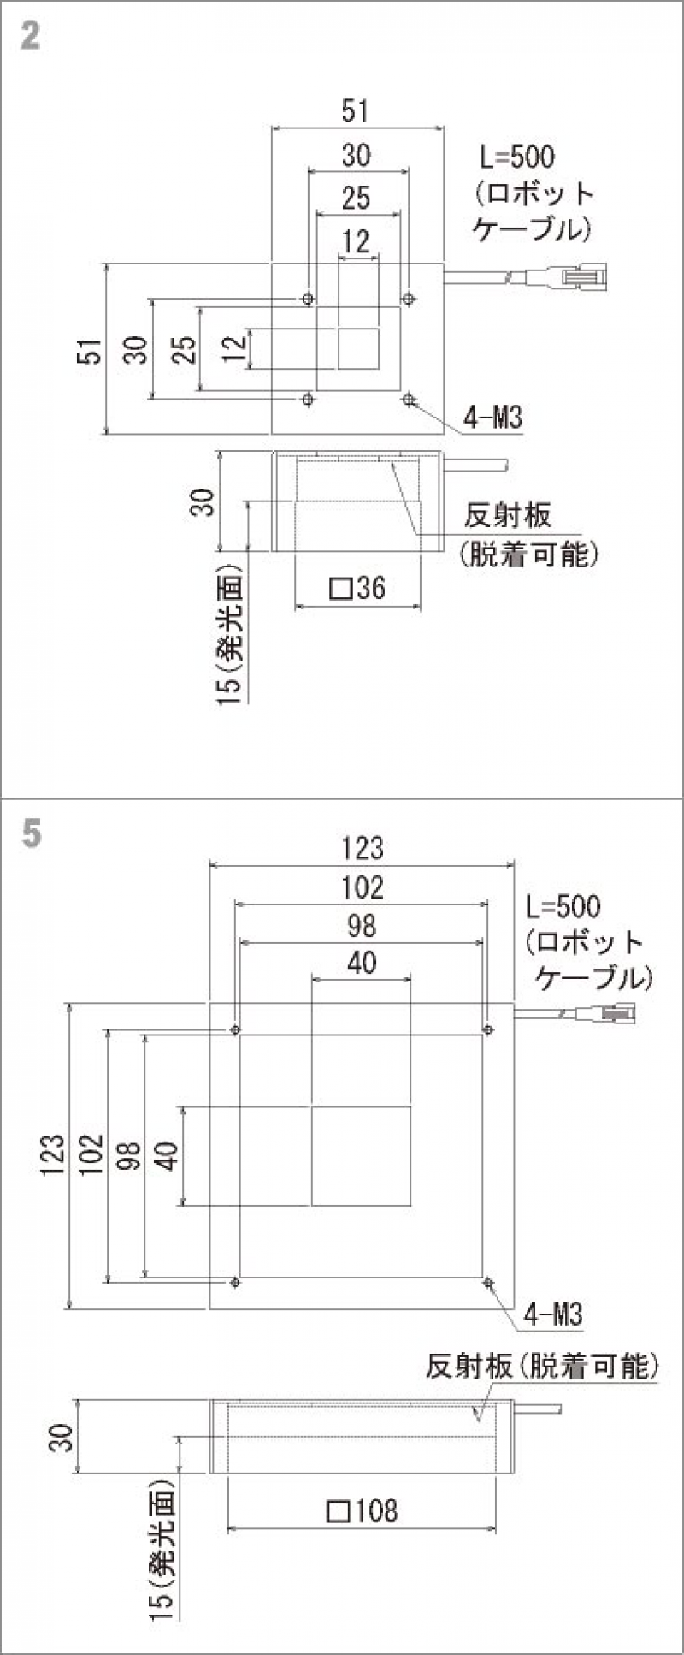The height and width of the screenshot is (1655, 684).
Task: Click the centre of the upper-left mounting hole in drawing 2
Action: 308,299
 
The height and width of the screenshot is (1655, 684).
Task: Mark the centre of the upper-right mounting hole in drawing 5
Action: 488,1029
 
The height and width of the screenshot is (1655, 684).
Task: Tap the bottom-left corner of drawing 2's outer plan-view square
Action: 272,434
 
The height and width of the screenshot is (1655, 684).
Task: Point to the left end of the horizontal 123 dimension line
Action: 210,865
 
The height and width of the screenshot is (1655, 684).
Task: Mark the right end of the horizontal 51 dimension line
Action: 444,128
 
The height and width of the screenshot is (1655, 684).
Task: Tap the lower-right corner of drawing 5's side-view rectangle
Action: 513,1473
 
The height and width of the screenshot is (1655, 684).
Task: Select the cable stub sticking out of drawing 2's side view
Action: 476,466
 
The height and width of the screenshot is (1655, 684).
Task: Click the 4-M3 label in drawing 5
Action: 553,1314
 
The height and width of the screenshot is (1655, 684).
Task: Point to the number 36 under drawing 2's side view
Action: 371,588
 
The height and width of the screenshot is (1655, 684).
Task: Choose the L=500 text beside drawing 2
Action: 516,157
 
